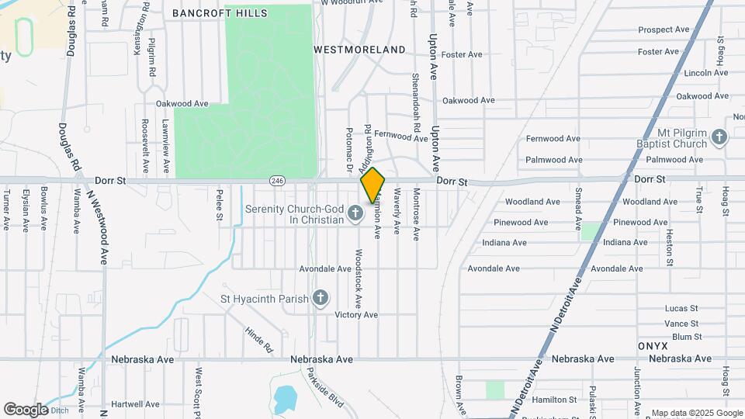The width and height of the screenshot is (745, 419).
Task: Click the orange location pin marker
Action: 373,185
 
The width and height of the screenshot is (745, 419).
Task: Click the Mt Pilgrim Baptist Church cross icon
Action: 719,138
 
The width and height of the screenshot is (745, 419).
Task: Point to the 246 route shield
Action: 277,181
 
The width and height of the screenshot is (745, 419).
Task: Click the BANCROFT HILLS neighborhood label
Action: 220,13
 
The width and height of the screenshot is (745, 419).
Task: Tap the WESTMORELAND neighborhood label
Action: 359,50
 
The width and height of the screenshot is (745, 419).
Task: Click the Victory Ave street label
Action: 355,315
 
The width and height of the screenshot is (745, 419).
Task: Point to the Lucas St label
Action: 682,308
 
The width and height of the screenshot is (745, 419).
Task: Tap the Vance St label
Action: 682,323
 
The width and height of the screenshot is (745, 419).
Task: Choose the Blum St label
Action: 686,337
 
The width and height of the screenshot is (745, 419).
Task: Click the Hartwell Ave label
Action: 135,404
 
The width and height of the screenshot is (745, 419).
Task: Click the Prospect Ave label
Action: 664,29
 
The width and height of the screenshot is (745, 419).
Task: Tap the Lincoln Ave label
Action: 706,73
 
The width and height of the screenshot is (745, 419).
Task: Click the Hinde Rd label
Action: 259,340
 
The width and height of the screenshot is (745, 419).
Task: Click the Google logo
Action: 26,409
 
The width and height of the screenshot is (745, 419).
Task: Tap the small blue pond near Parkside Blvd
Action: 285,397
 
